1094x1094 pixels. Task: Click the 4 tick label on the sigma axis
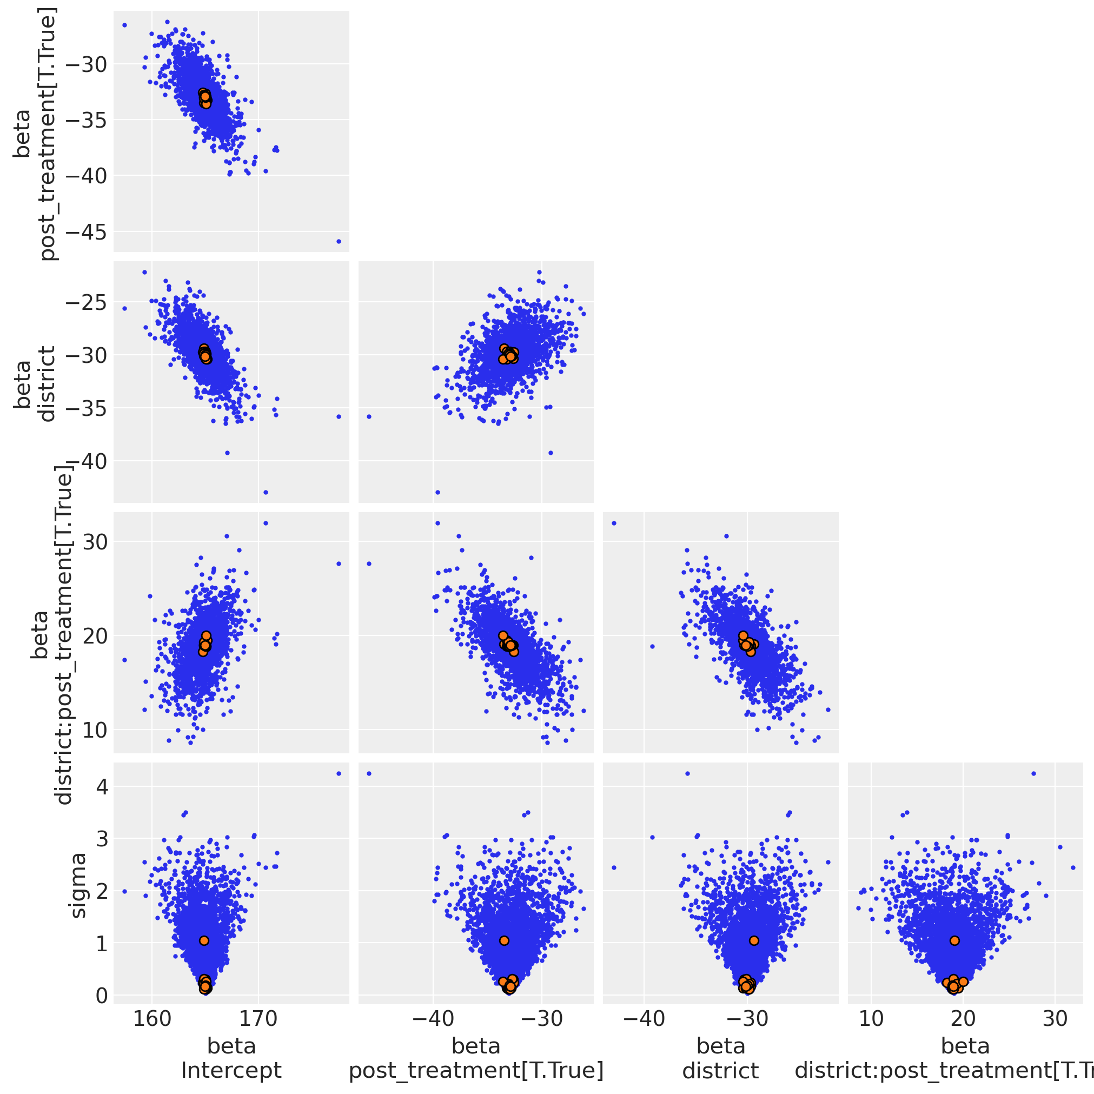[101, 786]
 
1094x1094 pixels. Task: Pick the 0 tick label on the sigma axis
[101, 995]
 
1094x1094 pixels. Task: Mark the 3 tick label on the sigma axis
[101, 839]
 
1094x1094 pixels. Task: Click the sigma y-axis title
[77, 886]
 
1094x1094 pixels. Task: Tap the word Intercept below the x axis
[231, 1070]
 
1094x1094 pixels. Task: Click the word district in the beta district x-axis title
[720, 1070]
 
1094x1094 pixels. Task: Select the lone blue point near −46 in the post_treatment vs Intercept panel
[339, 241]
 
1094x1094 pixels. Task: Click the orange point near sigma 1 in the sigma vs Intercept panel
[204, 940]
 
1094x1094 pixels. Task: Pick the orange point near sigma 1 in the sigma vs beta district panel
[754, 940]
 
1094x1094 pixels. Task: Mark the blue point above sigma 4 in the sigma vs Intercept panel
[339, 773]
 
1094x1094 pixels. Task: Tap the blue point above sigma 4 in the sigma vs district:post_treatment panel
[1033, 773]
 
